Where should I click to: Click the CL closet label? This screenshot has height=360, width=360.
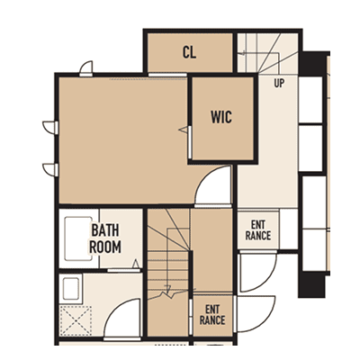[189, 52]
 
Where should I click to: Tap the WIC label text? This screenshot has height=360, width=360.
[221, 117]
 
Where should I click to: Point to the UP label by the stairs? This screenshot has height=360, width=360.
[279, 83]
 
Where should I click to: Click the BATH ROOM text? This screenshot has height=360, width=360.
[105, 238]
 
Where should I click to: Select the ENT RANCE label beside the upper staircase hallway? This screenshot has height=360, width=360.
[258, 230]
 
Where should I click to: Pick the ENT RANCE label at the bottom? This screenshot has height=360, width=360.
[212, 315]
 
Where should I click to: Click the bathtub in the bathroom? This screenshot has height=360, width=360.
[78, 238]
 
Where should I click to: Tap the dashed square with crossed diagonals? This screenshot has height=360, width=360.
[76, 321]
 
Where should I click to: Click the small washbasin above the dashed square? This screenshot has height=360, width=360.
[71, 288]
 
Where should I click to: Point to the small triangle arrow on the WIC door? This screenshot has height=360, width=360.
[184, 130]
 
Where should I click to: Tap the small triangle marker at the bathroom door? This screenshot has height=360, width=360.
[136, 264]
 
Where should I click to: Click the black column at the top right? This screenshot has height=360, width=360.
[314, 63]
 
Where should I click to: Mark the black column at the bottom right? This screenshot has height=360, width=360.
[312, 284]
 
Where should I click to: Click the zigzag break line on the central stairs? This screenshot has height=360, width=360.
[168, 293]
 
